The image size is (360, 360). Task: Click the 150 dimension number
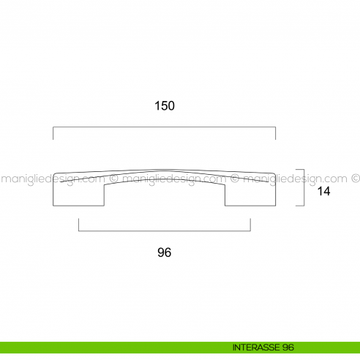pos(165,105)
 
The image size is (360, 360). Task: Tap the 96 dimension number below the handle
pos(165,252)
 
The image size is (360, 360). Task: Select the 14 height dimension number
pos(324,192)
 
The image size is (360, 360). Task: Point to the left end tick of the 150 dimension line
pos(53,133)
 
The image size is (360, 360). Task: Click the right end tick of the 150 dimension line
pos(276,133)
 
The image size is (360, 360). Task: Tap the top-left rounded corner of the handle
pos(55,173)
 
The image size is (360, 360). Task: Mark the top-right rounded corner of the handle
pos(274,173)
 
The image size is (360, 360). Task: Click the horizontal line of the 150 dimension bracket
pos(165,127)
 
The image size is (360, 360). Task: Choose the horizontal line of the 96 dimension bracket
pos(165,231)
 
